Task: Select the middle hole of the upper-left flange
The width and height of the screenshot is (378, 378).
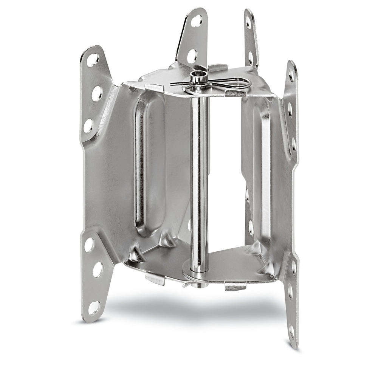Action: (x=97, y=93)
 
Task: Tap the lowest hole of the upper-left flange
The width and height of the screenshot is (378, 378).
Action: (x=88, y=125)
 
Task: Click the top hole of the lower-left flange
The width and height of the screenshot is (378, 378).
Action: (x=89, y=245)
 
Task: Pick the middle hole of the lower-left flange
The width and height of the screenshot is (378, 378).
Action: (x=98, y=269)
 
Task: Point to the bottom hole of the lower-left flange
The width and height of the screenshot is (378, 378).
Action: (x=93, y=307)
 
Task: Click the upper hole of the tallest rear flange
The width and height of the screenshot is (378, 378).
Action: (x=197, y=21)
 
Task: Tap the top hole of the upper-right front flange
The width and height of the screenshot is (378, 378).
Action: (x=291, y=75)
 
